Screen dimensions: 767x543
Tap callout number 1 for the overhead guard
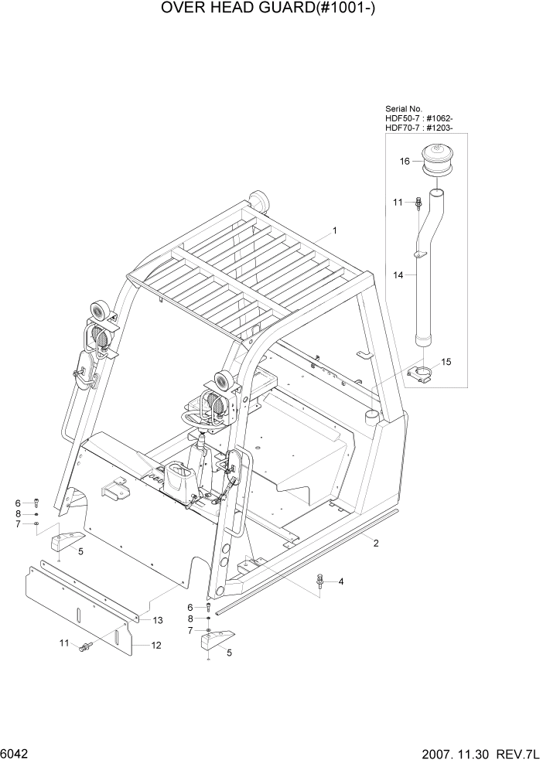[x=335, y=230]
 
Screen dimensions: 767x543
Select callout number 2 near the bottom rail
[x=376, y=543]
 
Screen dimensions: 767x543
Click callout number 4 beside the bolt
[x=340, y=581]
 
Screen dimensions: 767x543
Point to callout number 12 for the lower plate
[x=156, y=645]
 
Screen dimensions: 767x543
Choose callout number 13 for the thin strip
[x=157, y=620]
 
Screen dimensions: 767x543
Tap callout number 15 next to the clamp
[x=446, y=362]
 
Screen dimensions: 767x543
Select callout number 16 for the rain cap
[x=404, y=162]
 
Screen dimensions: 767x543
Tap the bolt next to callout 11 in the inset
[x=418, y=203]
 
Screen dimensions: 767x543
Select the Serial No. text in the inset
[x=404, y=110]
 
